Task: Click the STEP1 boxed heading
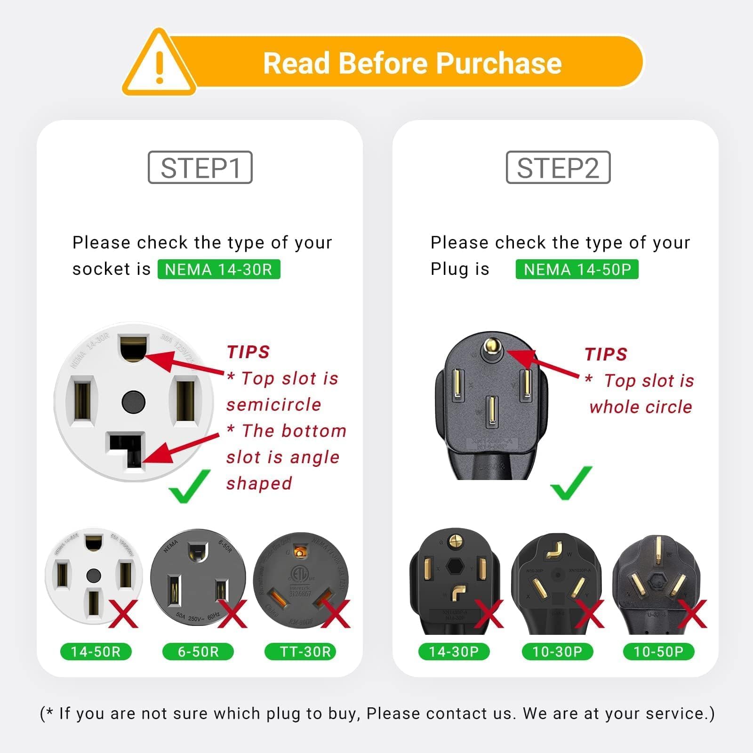pos(200,168)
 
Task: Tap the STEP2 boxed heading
pos(558,168)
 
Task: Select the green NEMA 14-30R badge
pos(219,269)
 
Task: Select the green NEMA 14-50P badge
pos(577,269)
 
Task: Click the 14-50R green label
pos(96,652)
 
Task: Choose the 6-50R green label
pos(198,652)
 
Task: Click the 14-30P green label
pos(454,652)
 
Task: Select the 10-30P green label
pos(557,652)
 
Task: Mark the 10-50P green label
pos(658,652)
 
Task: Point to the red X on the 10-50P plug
pos(692,614)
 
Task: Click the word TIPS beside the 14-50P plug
pos(606,354)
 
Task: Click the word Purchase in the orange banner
pos(499,63)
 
